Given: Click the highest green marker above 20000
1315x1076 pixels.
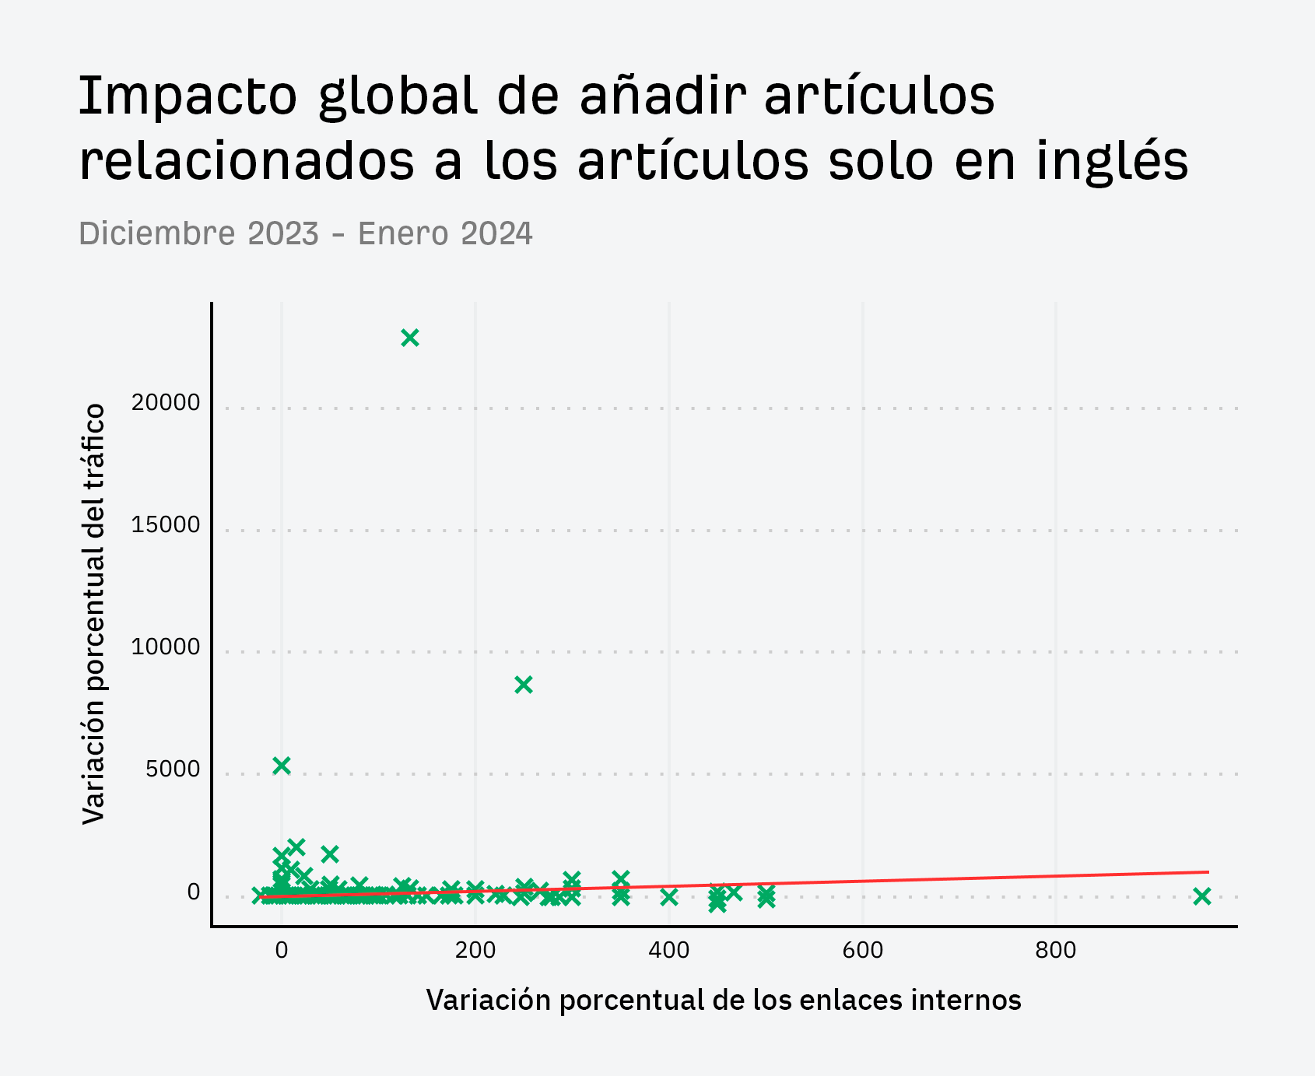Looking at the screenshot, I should [410, 338].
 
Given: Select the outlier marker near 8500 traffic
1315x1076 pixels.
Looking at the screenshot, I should [524, 685].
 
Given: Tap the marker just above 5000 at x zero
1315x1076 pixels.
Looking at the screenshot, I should [282, 766].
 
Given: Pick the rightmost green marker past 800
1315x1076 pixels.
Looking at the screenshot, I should [1202, 896].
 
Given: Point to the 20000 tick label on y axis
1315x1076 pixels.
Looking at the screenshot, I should [166, 402].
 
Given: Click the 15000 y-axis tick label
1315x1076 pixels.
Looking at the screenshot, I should [166, 524].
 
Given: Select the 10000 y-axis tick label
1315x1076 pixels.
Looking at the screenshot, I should [166, 647].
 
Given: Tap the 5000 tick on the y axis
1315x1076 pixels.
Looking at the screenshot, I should [173, 769].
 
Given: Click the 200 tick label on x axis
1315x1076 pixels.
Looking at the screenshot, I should [475, 950].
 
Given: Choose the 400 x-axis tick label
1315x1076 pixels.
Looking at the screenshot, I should [669, 950].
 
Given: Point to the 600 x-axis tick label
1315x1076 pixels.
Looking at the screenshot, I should [862, 950].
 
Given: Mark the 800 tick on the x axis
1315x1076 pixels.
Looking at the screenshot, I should [1056, 950].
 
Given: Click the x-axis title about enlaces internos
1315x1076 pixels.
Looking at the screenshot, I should [724, 1000].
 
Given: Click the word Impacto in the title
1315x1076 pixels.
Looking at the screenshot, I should [188, 96].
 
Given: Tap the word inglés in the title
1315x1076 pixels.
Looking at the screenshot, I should [1112, 162].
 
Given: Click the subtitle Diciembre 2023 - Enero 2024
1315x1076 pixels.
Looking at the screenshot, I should [306, 233].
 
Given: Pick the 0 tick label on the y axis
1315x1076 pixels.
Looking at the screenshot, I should [194, 892].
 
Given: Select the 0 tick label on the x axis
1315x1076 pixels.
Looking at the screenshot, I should [282, 950].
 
